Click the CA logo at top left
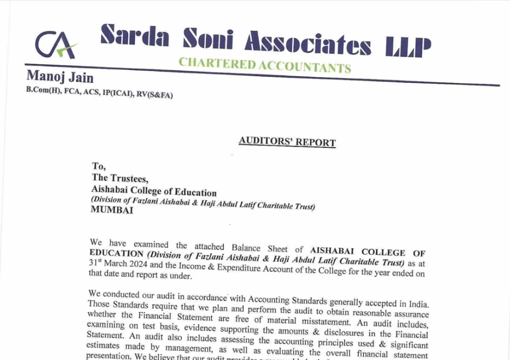click(x=55, y=44)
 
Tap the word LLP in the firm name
click(x=408, y=47)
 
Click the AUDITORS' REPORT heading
click(x=287, y=141)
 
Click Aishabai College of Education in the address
click(x=154, y=190)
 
